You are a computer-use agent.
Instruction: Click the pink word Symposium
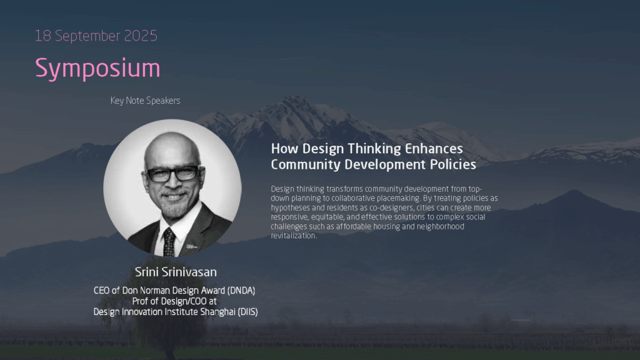(97, 68)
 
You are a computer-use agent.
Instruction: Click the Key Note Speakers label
(145, 101)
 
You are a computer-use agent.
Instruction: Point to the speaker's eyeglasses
(173, 174)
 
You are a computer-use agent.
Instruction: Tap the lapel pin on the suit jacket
(191, 246)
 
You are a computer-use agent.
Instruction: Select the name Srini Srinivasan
(176, 272)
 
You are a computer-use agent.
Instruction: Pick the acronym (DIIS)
(247, 312)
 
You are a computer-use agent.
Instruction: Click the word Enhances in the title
(434, 149)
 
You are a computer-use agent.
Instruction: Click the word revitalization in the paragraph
(294, 236)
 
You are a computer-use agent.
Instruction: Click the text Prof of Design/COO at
(174, 301)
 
